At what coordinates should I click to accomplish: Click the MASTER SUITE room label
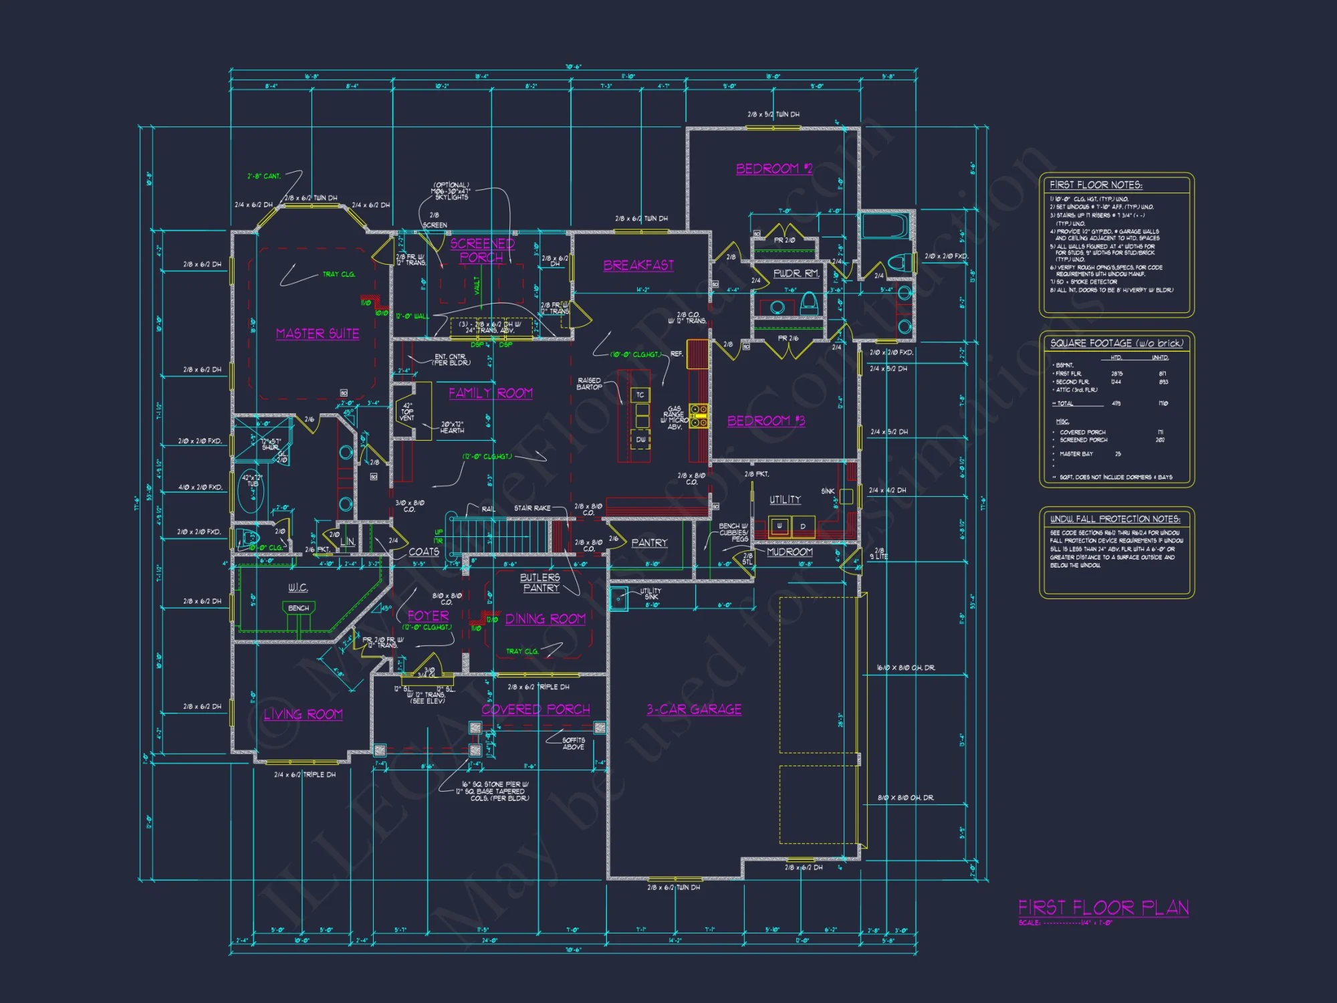[x=318, y=334]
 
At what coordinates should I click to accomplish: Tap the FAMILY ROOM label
[x=491, y=393]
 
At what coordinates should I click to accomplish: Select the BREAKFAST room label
[x=638, y=265]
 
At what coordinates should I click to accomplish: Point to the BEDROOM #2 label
[x=774, y=169]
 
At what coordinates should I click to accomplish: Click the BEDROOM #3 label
[x=766, y=421]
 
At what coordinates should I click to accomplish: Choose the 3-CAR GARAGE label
[x=694, y=709]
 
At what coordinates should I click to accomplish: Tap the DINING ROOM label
[x=545, y=619]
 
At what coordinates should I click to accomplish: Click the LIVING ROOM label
[x=303, y=715]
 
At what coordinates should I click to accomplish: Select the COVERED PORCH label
[x=535, y=709]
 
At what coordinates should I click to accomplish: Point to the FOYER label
[x=429, y=616]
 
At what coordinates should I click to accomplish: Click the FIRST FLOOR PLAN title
[x=1103, y=907]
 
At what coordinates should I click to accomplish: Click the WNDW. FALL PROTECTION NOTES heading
[x=1115, y=519]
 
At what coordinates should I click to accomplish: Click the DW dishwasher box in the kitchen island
[x=640, y=440]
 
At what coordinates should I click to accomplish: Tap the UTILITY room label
[x=785, y=499]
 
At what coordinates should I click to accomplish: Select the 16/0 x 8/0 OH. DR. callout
[x=906, y=667]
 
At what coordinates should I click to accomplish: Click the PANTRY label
[x=649, y=543]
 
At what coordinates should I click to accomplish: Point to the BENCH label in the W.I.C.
[x=298, y=608]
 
